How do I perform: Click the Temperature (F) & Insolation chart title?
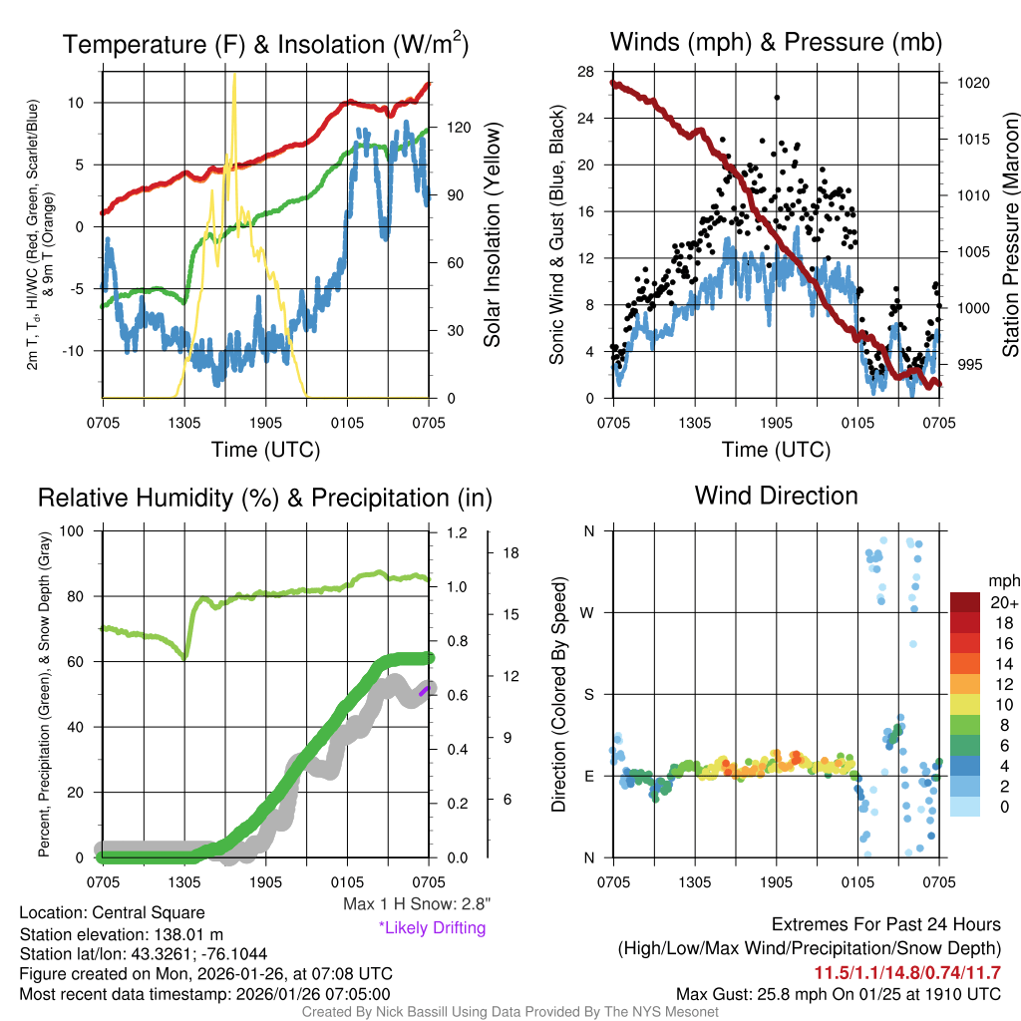[x=265, y=45]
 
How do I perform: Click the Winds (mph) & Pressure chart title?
[x=776, y=42]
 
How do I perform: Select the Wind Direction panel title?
[x=776, y=496]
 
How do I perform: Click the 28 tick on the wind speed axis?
[x=586, y=72]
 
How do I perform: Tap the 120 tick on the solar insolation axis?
[x=443, y=128]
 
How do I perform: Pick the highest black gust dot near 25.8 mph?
[x=777, y=98]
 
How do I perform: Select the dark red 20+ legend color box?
[x=966, y=603]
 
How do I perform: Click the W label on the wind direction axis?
[x=589, y=613]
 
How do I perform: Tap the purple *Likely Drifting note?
[x=432, y=928]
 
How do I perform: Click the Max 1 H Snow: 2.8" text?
[x=416, y=904]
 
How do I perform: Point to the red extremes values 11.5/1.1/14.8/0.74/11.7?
[x=908, y=973]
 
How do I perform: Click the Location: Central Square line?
[x=112, y=913]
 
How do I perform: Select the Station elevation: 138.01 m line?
[x=127, y=934]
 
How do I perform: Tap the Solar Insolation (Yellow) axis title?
[x=492, y=234]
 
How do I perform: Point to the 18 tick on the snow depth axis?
[x=510, y=551]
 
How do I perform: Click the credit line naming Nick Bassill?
[x=510, y=1012]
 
